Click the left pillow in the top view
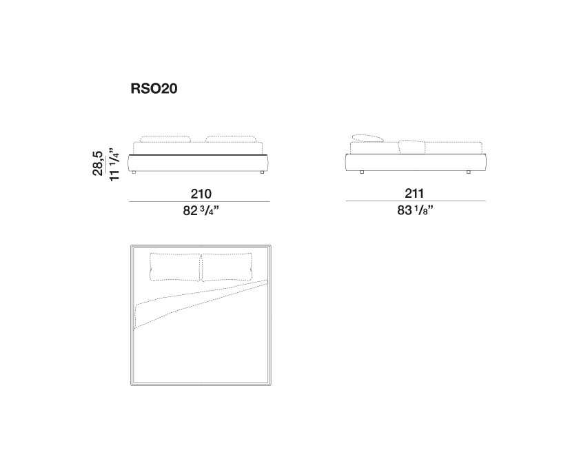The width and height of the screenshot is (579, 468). pos(174,267)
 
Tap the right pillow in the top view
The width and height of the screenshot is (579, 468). pos(226,267)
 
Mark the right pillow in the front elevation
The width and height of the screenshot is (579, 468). pos(232,139)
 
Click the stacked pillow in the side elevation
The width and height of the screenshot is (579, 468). pos(367,138)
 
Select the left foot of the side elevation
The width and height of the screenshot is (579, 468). pos(361,171)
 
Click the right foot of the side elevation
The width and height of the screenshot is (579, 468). pos(469,171)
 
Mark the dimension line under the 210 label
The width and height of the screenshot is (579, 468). pos(200,201)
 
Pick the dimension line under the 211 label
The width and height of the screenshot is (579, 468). pos(415,201)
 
